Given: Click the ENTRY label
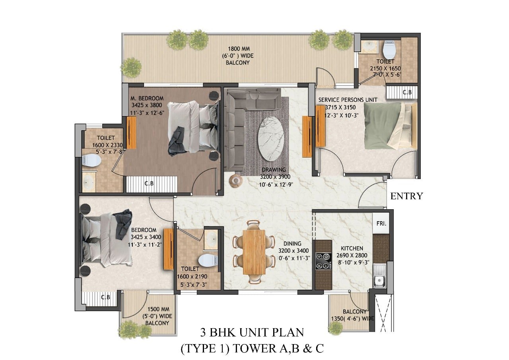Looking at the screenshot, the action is pyautogui.click(x=406, y=196).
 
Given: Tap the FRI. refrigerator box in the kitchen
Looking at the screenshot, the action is pyautogui.click(x=381, y=224).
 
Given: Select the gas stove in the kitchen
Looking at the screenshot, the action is pyautogui.click(x=323, y=261).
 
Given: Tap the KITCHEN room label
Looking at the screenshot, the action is pyautogui.click(x=352, y=248).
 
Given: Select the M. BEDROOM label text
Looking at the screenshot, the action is pyautogui.click(x=147, y=98).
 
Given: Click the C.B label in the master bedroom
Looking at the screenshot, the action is pyautogui.click(x=149, y=183).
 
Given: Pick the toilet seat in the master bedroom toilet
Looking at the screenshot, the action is pyautogui.click(x=91, y=160).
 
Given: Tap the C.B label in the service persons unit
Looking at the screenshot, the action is pyautogui.click(x=407, y=92).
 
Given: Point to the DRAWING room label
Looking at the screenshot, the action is pyautogui.click(x=274, y=169).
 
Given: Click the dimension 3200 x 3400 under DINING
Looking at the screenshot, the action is pyautogui.click(x=293, y=251).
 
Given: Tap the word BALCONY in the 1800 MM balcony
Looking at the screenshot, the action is pyautogui.click(x=237, y=62).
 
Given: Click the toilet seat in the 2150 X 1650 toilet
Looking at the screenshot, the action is pyautogui.click(x=389, y=49).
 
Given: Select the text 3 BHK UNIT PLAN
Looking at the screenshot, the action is pyautogui.click(x=252, y=333).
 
